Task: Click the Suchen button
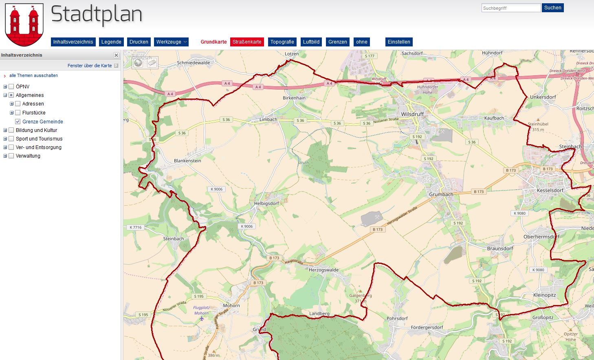click(552, 8)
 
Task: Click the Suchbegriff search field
click(511, 8)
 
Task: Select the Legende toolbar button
click(111, 42)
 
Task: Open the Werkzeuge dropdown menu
click(171, 42)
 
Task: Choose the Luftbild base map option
click(311, 42)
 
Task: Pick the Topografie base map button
click(282, 42)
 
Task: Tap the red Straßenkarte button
click(247, 42)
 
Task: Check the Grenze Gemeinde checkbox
click(18, 121)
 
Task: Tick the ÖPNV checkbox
click(11, 86)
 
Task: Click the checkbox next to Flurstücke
click(18, 113)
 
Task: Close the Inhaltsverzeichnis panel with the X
click(116, 55)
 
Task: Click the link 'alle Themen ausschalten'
click(33, 75)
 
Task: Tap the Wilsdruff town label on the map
click(412, 114)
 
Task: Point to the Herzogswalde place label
click(323, 270)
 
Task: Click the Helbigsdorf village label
click(266, 204)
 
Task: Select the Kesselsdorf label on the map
click(550, 191)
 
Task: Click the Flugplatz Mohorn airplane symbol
click(201, 318)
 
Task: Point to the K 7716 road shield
click(136, 227)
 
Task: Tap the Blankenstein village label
click(187, 161)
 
